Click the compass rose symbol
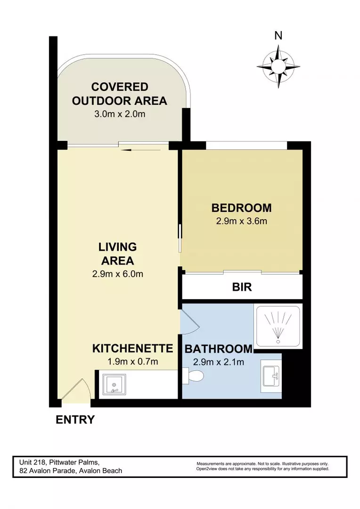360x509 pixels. pos(278,66)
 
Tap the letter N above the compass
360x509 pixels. pos(278,35)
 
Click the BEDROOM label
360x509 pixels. pos(241,208)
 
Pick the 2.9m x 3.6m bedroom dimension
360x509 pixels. pos(241,221)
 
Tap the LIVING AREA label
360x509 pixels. pos(117,254)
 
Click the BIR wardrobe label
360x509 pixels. pos(242,287)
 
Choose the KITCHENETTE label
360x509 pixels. pos(132,349)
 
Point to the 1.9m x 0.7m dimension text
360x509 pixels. pos(132,362)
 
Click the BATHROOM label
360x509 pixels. pos(218,349)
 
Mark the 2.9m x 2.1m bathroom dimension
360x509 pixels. pos(218,362)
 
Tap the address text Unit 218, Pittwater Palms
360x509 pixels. pos(59,462)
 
